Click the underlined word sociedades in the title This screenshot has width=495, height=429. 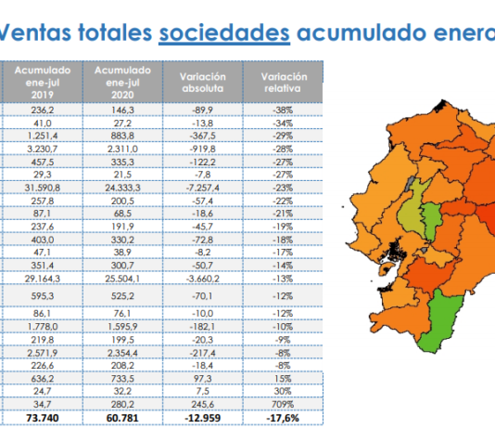point(224,32)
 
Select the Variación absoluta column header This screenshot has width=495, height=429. point(203,83)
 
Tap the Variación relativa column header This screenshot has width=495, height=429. point(283,83)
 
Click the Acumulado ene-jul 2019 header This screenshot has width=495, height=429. point(43,83)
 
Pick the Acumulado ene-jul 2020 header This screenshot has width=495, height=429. point(122,83)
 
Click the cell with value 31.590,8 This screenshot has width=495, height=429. point(43,188)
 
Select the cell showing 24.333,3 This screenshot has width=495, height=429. point(122,188)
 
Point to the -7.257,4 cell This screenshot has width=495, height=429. point(203,188)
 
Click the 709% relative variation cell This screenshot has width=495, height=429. point(283,404)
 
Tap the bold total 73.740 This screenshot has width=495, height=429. point(43,418)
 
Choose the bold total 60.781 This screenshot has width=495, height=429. point(122,418)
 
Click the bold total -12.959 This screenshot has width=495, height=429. point(203,418)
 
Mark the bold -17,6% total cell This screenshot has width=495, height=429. point(283,418)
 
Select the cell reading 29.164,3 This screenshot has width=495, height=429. point(43,279)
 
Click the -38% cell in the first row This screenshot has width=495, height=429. point(283,110)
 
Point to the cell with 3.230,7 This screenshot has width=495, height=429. point(43,149)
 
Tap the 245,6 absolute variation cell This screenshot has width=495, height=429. point(203,404)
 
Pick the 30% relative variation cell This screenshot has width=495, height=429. point(283,391)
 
